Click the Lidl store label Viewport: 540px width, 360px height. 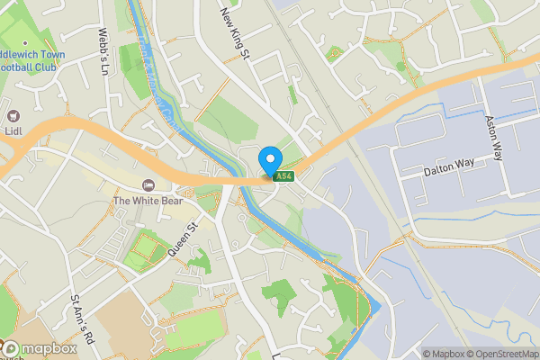(x=13, y=131)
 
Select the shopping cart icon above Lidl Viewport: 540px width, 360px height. (x=13, y=115)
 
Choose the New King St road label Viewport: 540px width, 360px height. (x=233, y=34)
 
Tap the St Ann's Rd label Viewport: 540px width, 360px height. (x=82, y=319)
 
